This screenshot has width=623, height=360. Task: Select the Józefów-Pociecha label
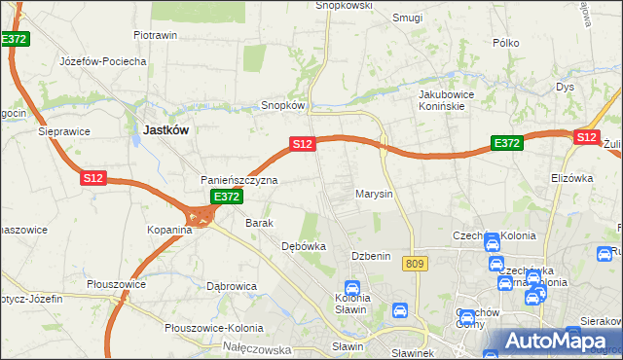click(102, 61)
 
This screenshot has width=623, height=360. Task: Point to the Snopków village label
click(284, 105)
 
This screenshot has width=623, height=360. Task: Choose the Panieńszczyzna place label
click(239, 181)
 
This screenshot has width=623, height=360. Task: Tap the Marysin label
click(374, 194)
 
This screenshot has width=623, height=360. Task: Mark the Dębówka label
click(303, 246)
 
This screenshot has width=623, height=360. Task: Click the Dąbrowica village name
click(231, 286)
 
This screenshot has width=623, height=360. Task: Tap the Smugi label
click(407, 18)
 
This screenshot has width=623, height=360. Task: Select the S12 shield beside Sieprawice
click(92, 178)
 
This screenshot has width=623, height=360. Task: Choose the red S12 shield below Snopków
click(302, 144)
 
